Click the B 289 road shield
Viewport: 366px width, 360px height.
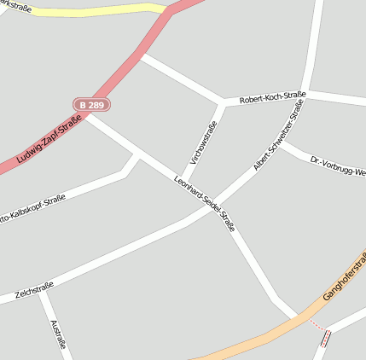[91, 104]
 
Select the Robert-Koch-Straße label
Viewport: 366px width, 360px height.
[272, 98]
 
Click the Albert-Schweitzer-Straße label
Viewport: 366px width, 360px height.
[278, 136]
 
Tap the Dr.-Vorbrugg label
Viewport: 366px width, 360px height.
[338, 165]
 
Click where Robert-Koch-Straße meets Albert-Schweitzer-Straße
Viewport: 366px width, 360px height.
[308, 91]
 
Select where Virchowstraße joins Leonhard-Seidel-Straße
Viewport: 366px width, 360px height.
[180, 180]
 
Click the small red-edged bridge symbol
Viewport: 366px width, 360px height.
[325, 338]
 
